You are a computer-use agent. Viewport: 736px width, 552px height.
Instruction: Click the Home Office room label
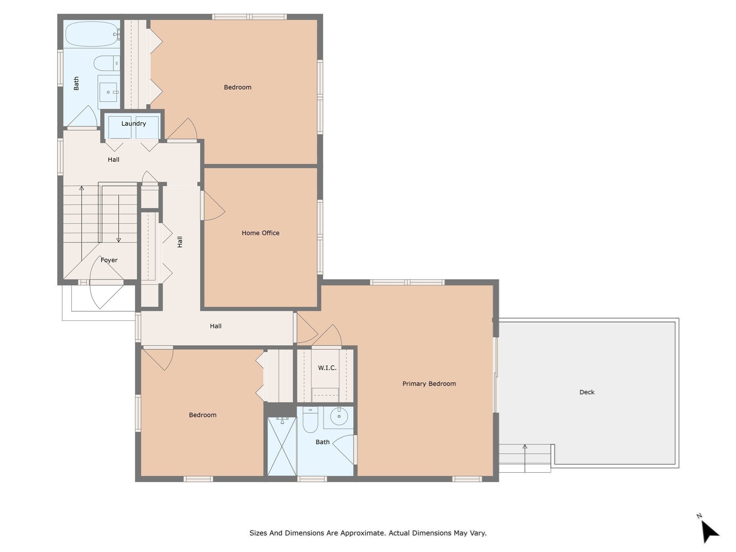coord(260,233)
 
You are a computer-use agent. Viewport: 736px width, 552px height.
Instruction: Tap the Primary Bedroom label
coord(429,383)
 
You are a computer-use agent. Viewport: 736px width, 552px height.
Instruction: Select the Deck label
coord(586,392)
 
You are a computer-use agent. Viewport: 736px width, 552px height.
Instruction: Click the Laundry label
coord(133,124)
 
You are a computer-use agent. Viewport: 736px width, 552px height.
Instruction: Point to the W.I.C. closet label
coord(327,368)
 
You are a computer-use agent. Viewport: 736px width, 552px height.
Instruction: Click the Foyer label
coord(109,260)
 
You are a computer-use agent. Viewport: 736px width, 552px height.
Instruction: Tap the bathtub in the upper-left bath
coord(92,34)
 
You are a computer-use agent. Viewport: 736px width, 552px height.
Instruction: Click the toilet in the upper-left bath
coord(106,63)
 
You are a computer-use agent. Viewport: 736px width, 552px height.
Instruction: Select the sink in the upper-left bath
coord(108,92)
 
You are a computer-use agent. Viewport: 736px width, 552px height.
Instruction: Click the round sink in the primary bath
coord(339,417)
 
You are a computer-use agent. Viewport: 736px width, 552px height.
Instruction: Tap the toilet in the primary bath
coord(310,420)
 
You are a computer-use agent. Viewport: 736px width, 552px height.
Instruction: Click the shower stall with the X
coord(282,447)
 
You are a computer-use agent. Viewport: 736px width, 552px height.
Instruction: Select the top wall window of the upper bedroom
coord(249,17)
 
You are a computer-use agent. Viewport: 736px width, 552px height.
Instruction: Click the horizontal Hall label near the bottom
coord(215,326)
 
